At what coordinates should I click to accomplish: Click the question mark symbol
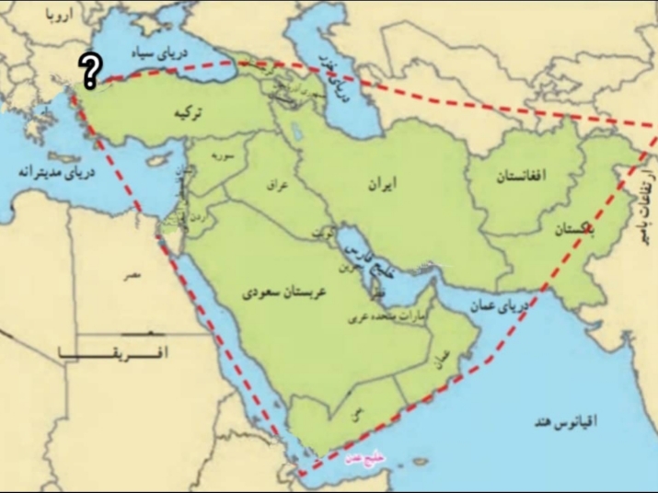[89, 70]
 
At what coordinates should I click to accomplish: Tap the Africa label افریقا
[120, 352]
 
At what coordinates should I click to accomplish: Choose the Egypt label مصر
[135, 273]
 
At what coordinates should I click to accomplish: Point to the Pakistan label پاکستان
[573, 234]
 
